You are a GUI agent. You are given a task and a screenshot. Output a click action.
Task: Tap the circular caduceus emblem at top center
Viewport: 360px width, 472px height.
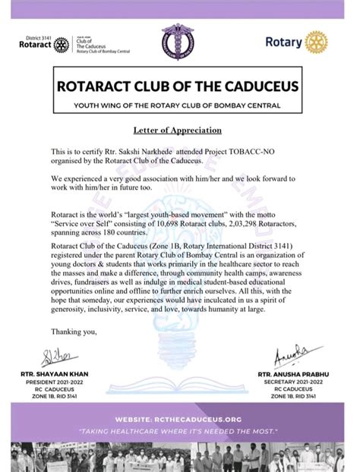point(179,41)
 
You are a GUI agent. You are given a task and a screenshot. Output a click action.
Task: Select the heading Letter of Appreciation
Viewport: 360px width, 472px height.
point(178,130)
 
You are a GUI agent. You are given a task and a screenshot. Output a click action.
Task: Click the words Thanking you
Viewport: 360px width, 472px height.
point(74,331)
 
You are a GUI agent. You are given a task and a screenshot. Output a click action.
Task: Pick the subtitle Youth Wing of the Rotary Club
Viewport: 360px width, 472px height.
point(179,105)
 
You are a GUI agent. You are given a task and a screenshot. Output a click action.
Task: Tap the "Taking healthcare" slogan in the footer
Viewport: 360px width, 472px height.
point(179,431)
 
